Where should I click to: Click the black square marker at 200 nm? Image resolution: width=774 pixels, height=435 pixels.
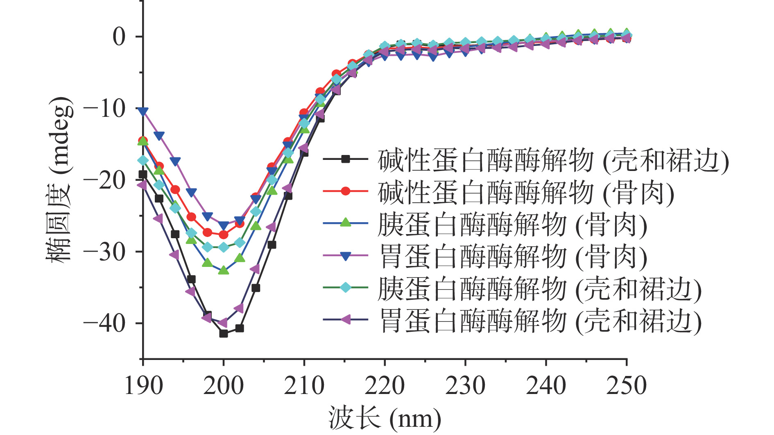(x=223, y=333)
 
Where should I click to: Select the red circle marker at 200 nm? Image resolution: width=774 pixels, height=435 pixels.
(x=223, y=235)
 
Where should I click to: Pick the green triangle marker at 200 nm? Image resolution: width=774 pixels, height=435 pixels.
(x=223, y=270)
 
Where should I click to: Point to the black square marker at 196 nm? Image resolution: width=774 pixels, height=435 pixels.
(x=191, y=280)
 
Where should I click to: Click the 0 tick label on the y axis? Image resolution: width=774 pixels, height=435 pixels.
(x=119, y=37)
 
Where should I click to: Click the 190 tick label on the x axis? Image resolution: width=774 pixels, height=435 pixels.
(x=143, y=386)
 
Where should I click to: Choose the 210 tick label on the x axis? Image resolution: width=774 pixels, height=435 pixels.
(x=304, y=386)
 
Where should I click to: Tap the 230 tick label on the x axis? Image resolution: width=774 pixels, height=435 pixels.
(x=465, y=386)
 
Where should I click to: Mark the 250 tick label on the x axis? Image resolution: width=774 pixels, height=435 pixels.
(x=626, y=386)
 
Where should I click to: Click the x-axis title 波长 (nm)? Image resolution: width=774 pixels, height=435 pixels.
(x=385, y=419)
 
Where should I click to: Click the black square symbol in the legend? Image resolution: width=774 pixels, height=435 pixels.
(x=346, y=159)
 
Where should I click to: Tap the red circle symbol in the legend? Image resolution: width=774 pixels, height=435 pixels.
(x=346, y=191)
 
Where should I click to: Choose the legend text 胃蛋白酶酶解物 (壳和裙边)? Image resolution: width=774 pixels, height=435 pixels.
(x=540, y=320)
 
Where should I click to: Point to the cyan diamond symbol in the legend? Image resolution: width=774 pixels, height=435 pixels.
(x=346, y=287)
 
